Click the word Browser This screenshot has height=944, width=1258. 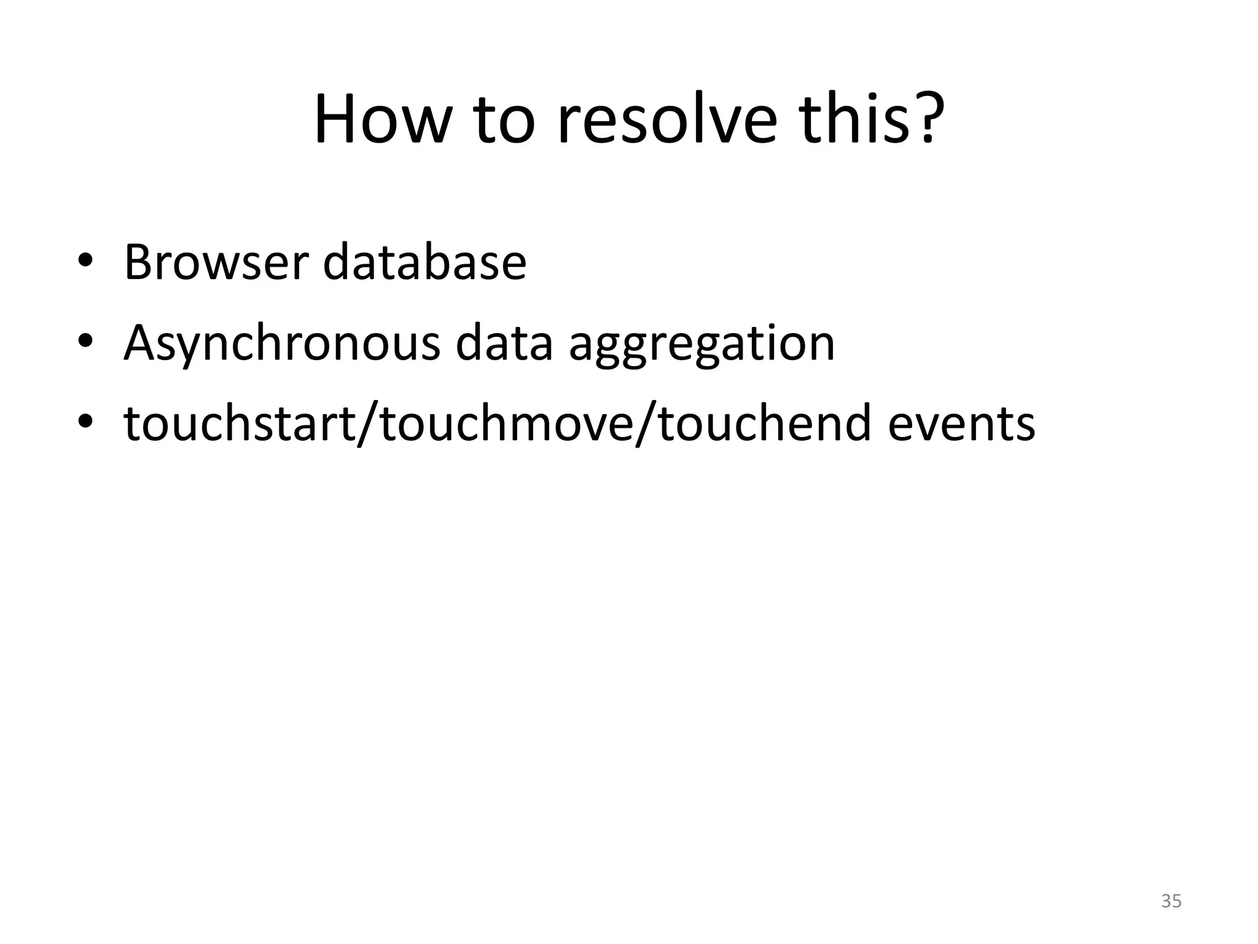[x=215, y=262]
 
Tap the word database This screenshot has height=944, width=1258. [x=424, y=262]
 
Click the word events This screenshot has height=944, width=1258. [x=961, y=425]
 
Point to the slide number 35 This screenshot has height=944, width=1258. [x=1171, y=901]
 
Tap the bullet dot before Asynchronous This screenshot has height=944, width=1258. [x=85, y=342]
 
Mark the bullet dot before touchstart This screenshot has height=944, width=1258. [x=85, y=422]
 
